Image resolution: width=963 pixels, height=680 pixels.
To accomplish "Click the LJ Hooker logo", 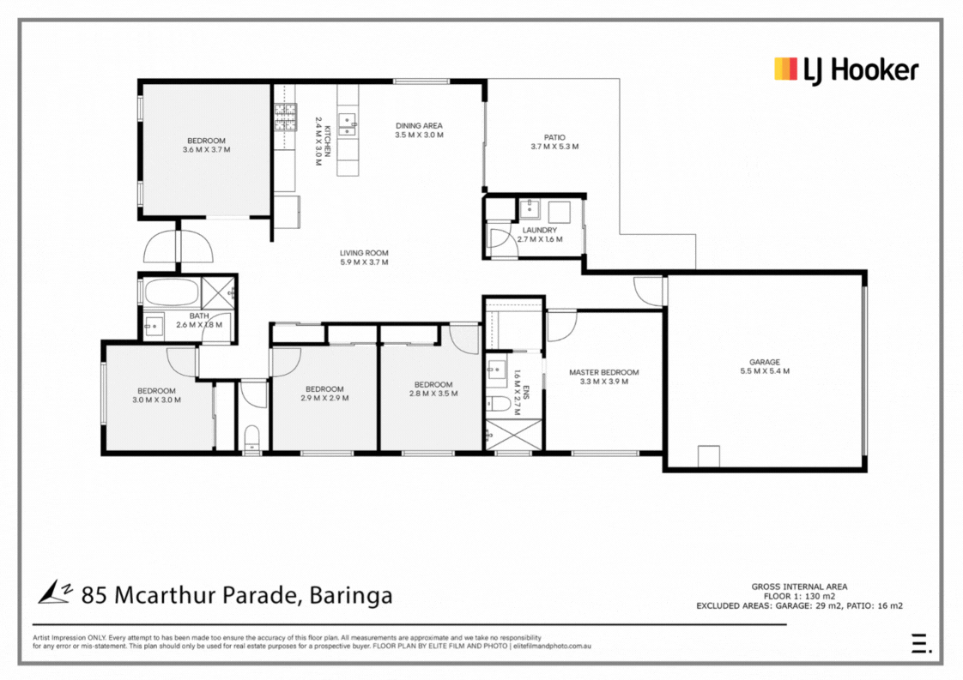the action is [x=846, y=70].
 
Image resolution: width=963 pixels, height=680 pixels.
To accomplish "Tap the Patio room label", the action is [x=554, y=137].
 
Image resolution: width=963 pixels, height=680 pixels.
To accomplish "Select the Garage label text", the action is [x=765, y=362].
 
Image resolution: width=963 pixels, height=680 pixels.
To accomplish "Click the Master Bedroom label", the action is [x=603, y=372].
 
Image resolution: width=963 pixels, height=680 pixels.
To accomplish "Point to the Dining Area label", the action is [x=419, y=126].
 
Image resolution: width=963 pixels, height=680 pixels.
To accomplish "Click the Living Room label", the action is [x=364, y=253].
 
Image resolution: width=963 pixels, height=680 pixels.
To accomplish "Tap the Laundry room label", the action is [x=540, y=230].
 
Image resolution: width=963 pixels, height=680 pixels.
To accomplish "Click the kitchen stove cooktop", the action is [x=285, y=117].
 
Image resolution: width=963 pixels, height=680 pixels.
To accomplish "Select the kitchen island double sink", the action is [x=347, y=124].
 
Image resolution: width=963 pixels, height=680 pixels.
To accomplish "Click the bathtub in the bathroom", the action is [x=172, y=292].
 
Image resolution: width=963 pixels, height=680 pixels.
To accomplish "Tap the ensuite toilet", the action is [x=498, y=404].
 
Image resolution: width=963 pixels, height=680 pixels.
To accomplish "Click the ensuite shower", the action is [x=514, y=435].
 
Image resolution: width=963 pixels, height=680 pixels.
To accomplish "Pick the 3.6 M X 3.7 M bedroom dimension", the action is [x=206, y=150].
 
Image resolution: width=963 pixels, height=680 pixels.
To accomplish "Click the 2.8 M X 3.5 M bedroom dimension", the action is [x=433, y=394].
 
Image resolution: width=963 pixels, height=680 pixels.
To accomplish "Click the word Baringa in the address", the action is [x=351, y=595].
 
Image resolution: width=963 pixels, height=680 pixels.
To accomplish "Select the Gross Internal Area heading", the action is [x=799, y=587].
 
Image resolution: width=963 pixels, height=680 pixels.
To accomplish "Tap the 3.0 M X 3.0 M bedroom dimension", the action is [x=156, y=400].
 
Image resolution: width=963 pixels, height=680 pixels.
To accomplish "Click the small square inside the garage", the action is [x=709, y=456].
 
